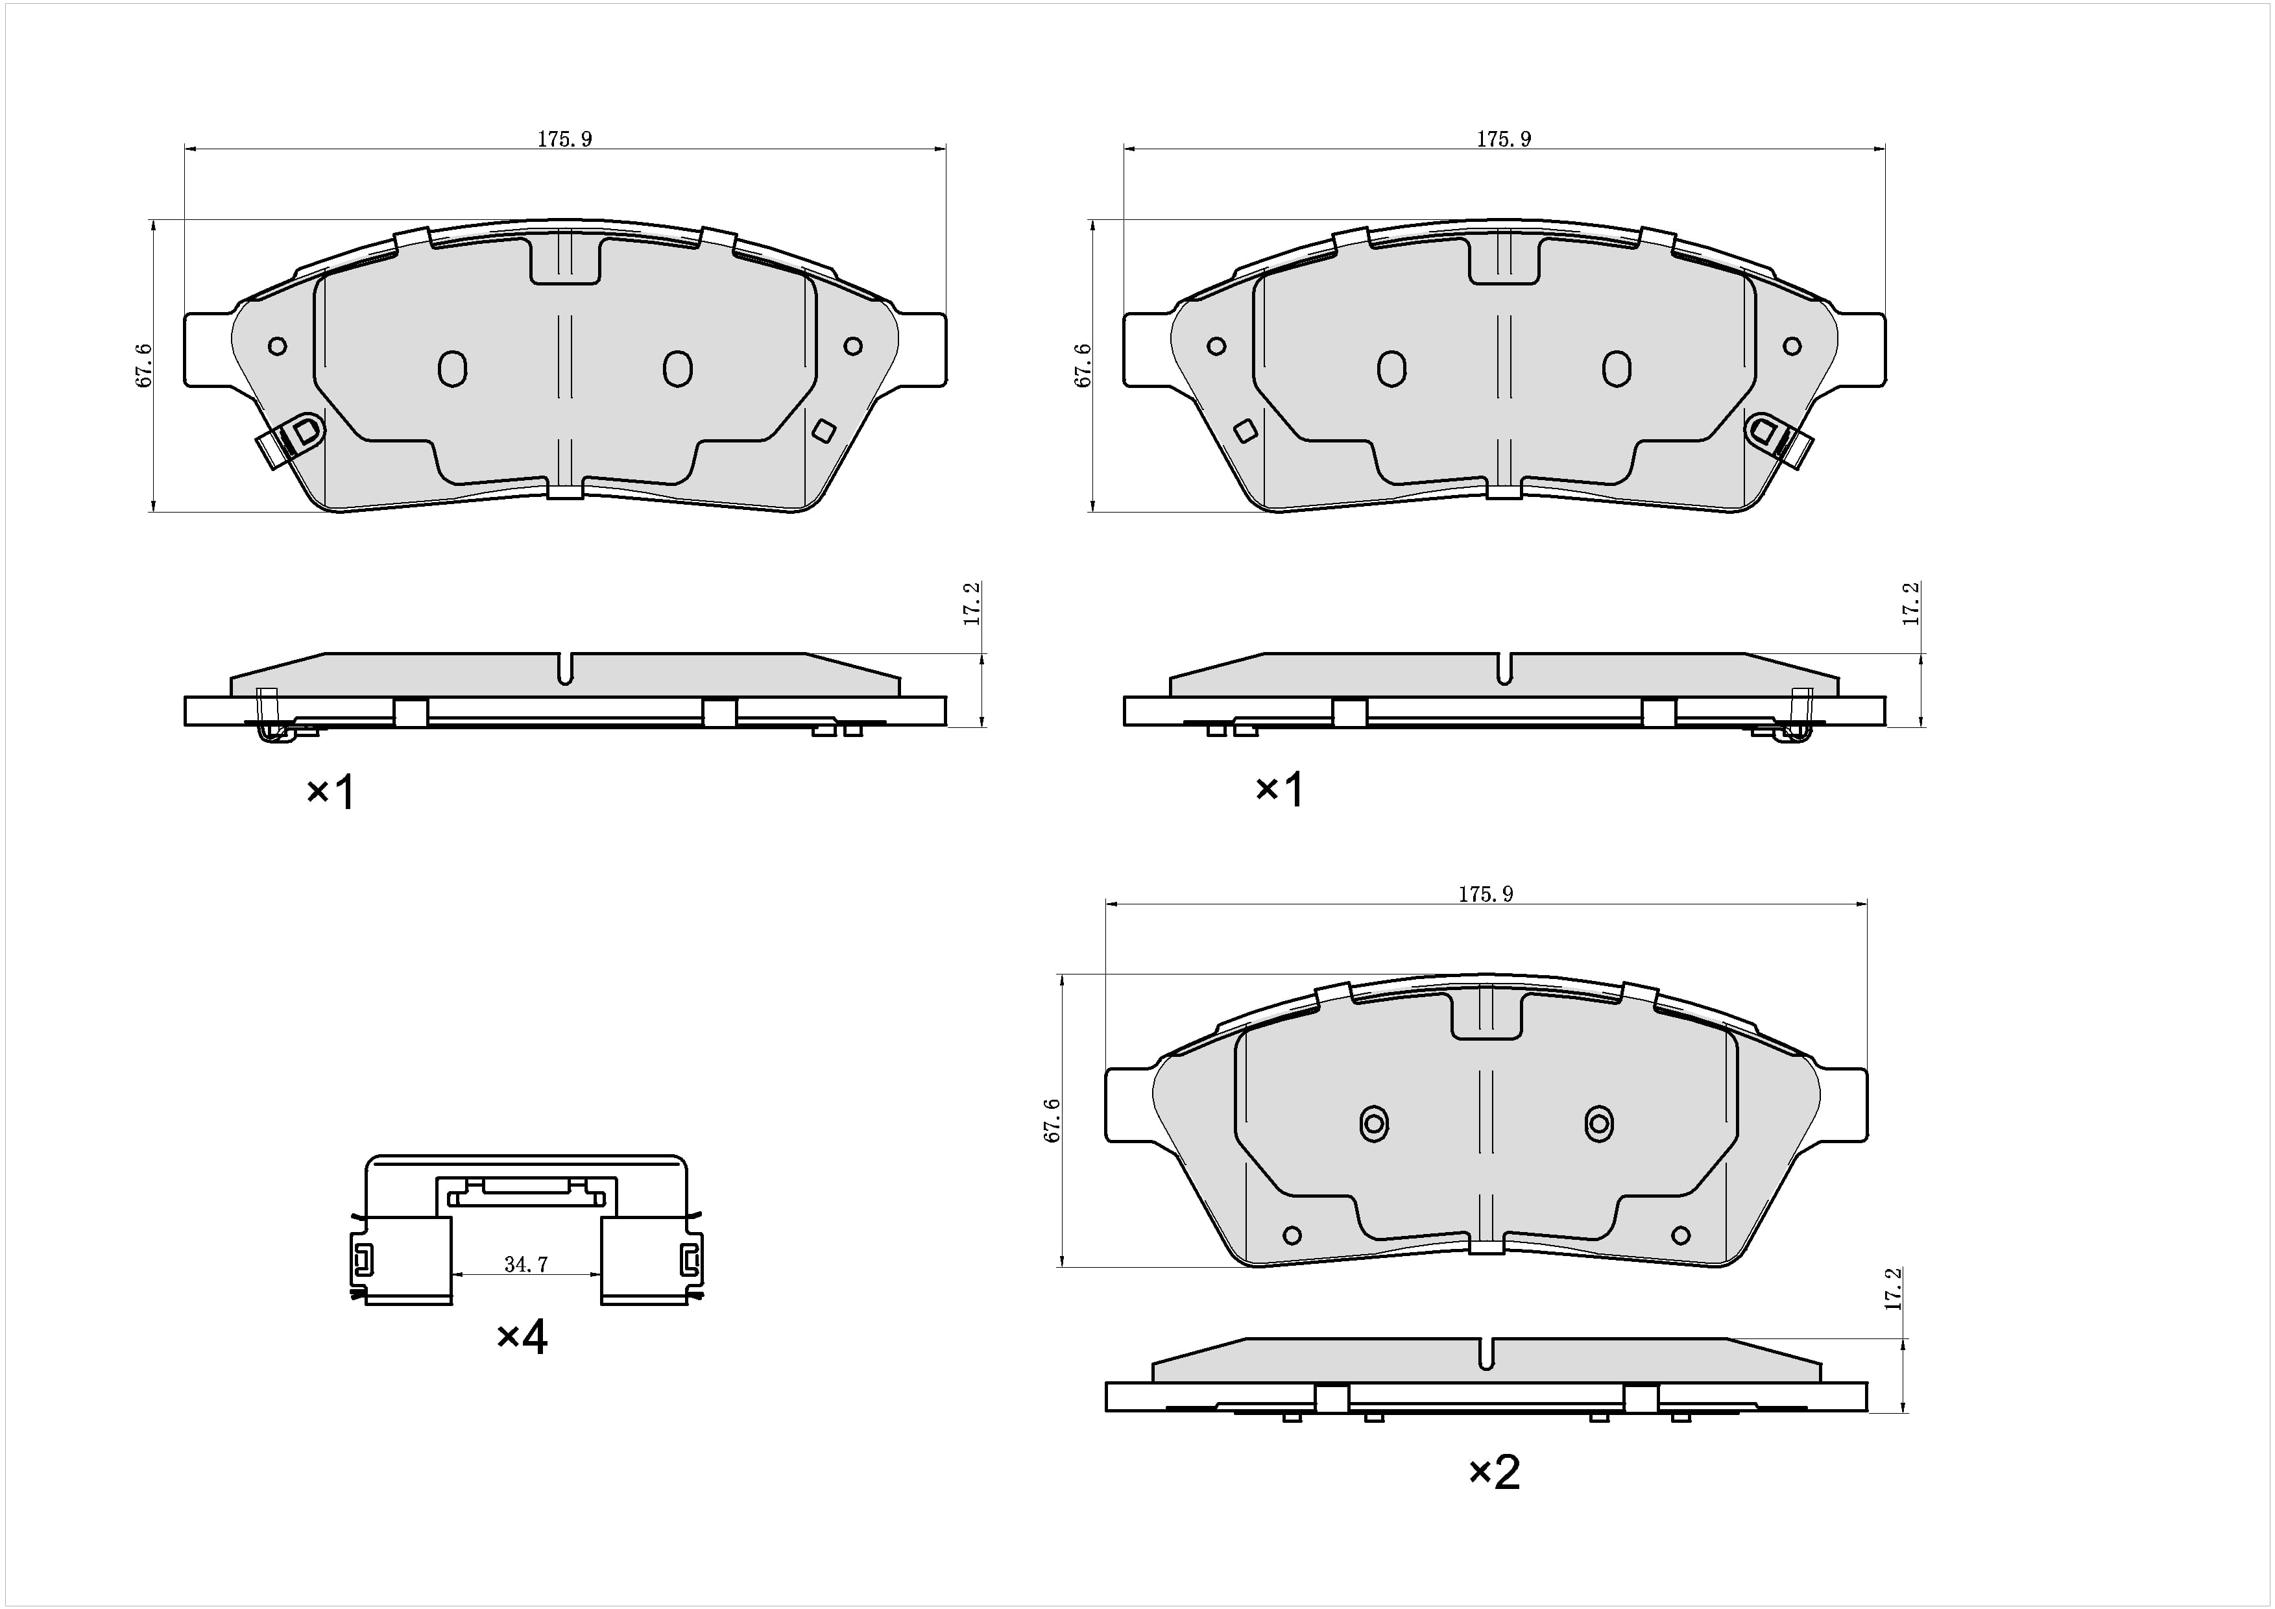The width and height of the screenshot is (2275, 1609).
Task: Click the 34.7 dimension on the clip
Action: point(525,1264)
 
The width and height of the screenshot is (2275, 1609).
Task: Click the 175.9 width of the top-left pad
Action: point(565,139)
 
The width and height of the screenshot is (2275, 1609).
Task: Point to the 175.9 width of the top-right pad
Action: point(1504,139)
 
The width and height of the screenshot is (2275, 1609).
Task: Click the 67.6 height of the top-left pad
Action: point(145,365)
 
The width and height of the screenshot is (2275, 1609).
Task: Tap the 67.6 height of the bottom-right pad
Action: point(1052,1120)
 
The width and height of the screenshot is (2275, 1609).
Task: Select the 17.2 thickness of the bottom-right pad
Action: point(1894,1289)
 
